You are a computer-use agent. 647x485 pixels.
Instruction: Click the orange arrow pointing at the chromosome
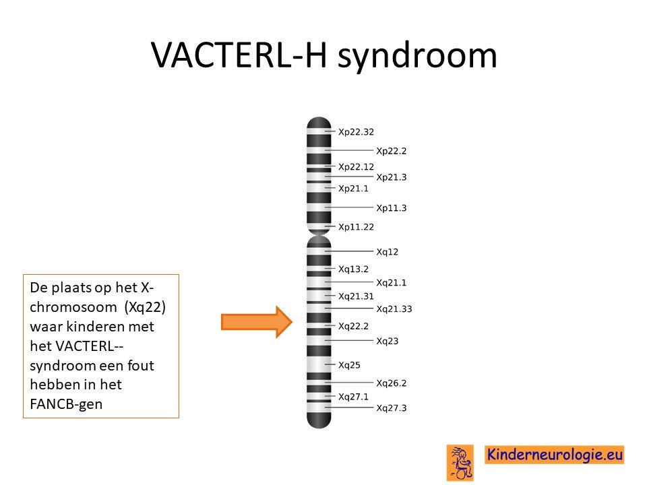tap(257, 322)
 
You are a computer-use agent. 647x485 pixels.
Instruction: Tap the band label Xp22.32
tap(356, 132)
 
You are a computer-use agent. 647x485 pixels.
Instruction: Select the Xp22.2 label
tap(391, 151)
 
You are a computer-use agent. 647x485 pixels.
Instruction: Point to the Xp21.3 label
tap(391, 177)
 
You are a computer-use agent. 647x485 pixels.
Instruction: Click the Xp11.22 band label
tap(356, 227)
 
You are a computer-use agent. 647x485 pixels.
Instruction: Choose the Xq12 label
tap(387, 252)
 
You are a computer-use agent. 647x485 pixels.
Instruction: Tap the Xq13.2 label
tap(353, 269)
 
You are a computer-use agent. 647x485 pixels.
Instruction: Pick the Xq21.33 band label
tap(394, 309)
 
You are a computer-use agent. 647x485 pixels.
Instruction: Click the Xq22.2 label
tap(353, 326)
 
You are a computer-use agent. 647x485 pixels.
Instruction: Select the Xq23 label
tap(387, 341)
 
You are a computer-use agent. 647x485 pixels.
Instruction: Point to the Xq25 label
tap(349, 365)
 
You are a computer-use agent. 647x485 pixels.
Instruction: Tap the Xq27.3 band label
tap(391, 408)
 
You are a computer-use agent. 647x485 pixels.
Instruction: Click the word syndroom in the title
tap(417, 57)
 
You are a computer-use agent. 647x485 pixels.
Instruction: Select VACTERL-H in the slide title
tap(239, 55)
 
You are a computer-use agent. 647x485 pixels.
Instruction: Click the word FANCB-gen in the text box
tap(66, 404)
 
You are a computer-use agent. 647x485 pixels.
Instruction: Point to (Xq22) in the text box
tap(145, 307)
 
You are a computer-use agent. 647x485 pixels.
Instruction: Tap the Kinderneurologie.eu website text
tap(555, 455)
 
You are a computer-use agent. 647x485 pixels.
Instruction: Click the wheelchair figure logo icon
tap(460, 463)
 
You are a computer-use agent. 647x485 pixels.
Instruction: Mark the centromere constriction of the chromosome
tap(319, 235)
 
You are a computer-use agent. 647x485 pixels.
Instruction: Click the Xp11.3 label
tap(391, 208)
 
